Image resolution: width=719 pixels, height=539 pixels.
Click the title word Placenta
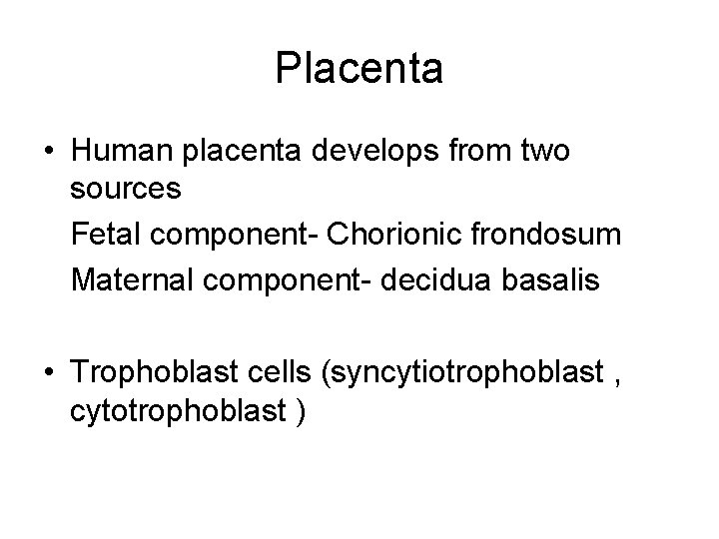359,69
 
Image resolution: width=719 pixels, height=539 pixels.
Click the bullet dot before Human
50,153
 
